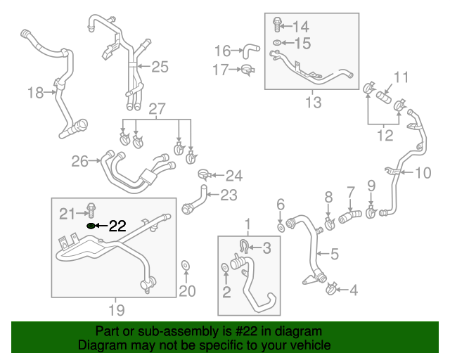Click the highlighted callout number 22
117,226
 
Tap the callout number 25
160,67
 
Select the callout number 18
35,92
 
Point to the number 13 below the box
313,103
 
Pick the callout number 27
157,109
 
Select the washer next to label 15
277,44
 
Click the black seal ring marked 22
91,226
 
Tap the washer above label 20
186,265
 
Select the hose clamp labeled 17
247,70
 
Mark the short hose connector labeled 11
385,94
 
